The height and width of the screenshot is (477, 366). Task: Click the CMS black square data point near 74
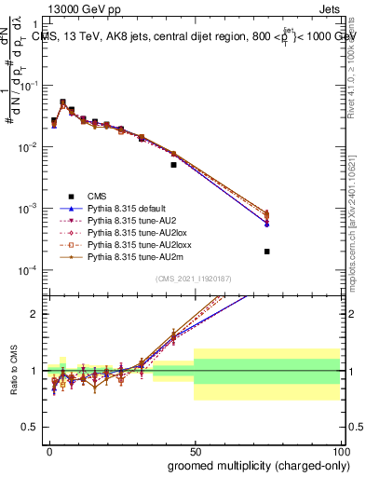coord(266,252)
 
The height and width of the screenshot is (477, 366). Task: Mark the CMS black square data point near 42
coord(173,165)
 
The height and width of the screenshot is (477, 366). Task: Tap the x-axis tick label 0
coord(48,450)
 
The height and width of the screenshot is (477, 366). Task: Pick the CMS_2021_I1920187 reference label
coord(193,279)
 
